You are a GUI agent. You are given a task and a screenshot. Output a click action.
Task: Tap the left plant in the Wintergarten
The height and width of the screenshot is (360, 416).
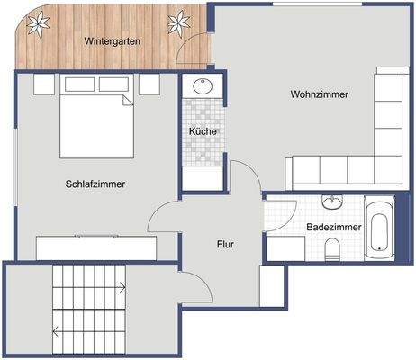tap(39, 24)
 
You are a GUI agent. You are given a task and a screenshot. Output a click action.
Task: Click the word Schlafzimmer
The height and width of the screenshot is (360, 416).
tap(95, 184)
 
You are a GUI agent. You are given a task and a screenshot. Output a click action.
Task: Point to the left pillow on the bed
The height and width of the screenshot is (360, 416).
tap(78, 85)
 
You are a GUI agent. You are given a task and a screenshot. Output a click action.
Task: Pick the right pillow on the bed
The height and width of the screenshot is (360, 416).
tap(113, 85)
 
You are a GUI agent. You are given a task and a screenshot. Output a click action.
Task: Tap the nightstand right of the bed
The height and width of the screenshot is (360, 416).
tap(149, 85)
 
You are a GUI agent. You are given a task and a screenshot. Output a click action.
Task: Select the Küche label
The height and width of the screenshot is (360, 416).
tap(202, 132)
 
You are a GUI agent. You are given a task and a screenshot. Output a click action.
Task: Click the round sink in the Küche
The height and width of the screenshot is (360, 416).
tap(202, 88)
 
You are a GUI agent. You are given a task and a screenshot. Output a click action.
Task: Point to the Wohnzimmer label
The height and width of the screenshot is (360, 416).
tap(319, 94)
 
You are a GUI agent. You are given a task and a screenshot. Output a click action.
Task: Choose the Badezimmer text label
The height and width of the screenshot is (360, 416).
tap(333, 228)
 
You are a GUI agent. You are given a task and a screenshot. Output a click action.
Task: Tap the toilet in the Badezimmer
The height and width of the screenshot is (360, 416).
tap(332, 249)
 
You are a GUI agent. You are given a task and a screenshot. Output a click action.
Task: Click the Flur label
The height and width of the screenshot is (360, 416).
tap(225, 244)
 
